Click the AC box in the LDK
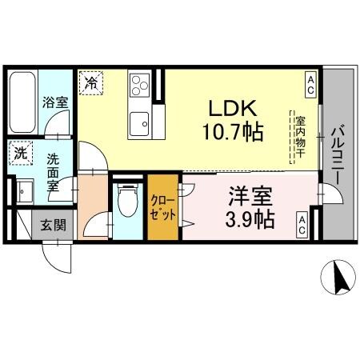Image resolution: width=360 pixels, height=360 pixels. point(309,81)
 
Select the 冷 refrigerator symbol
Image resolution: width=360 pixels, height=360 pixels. point(91,82)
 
